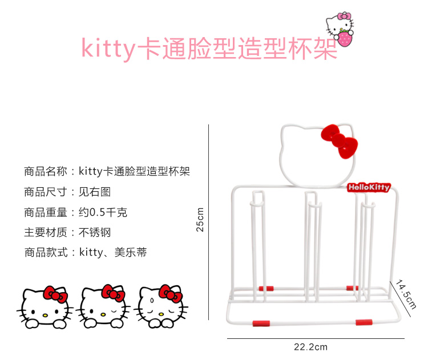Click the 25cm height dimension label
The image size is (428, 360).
pos(200,220)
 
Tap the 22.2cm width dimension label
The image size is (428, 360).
pos(310,347)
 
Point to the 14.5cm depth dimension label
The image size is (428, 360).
pos(406,294)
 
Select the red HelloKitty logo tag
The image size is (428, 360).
pos(369,188)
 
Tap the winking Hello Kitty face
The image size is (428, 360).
pos(103,306)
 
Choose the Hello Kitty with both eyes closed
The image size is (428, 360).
pos(161,306)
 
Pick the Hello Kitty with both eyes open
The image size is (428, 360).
pos(45,307)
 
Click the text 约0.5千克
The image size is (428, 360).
pos(103,212)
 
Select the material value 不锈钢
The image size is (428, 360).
pos(95,233)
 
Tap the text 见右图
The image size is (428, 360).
pos(95,192)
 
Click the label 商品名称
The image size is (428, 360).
pos(46,171)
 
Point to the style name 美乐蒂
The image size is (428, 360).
pos(131,253)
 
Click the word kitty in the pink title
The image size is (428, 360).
pos(108,48)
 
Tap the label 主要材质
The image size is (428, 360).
pos(46,233)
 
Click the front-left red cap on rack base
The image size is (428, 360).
pos(261,323)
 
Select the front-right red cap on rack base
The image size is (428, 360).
pos(364,322)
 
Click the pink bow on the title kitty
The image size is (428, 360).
pos(344,16)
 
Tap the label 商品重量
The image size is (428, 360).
pos(46,212)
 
